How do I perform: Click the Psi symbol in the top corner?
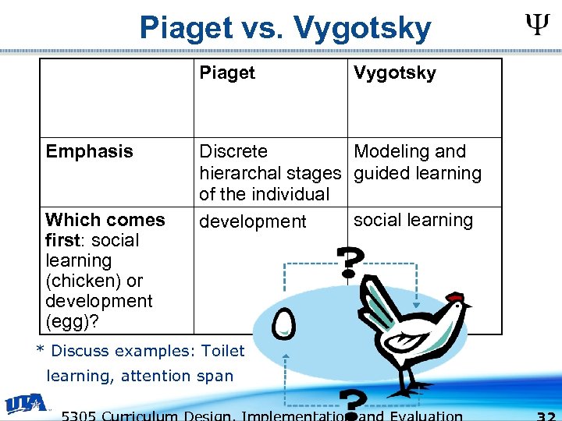pos(535,28)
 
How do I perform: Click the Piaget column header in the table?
pos(227,73)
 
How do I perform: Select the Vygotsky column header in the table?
pos(394,73)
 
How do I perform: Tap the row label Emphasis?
pos(89,151)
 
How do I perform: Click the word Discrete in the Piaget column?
pos(233,151)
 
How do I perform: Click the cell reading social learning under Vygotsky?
pos(413,220)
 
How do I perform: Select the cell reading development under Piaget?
pos(253,221)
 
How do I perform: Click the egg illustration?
pos(284,322)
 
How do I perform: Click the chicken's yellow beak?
pos(468,306)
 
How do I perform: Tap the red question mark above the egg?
pos(348,262)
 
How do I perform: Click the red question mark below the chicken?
pos(355,405)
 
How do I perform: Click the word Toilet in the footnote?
pos(222,351)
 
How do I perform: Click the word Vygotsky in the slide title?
pos(362,29)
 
